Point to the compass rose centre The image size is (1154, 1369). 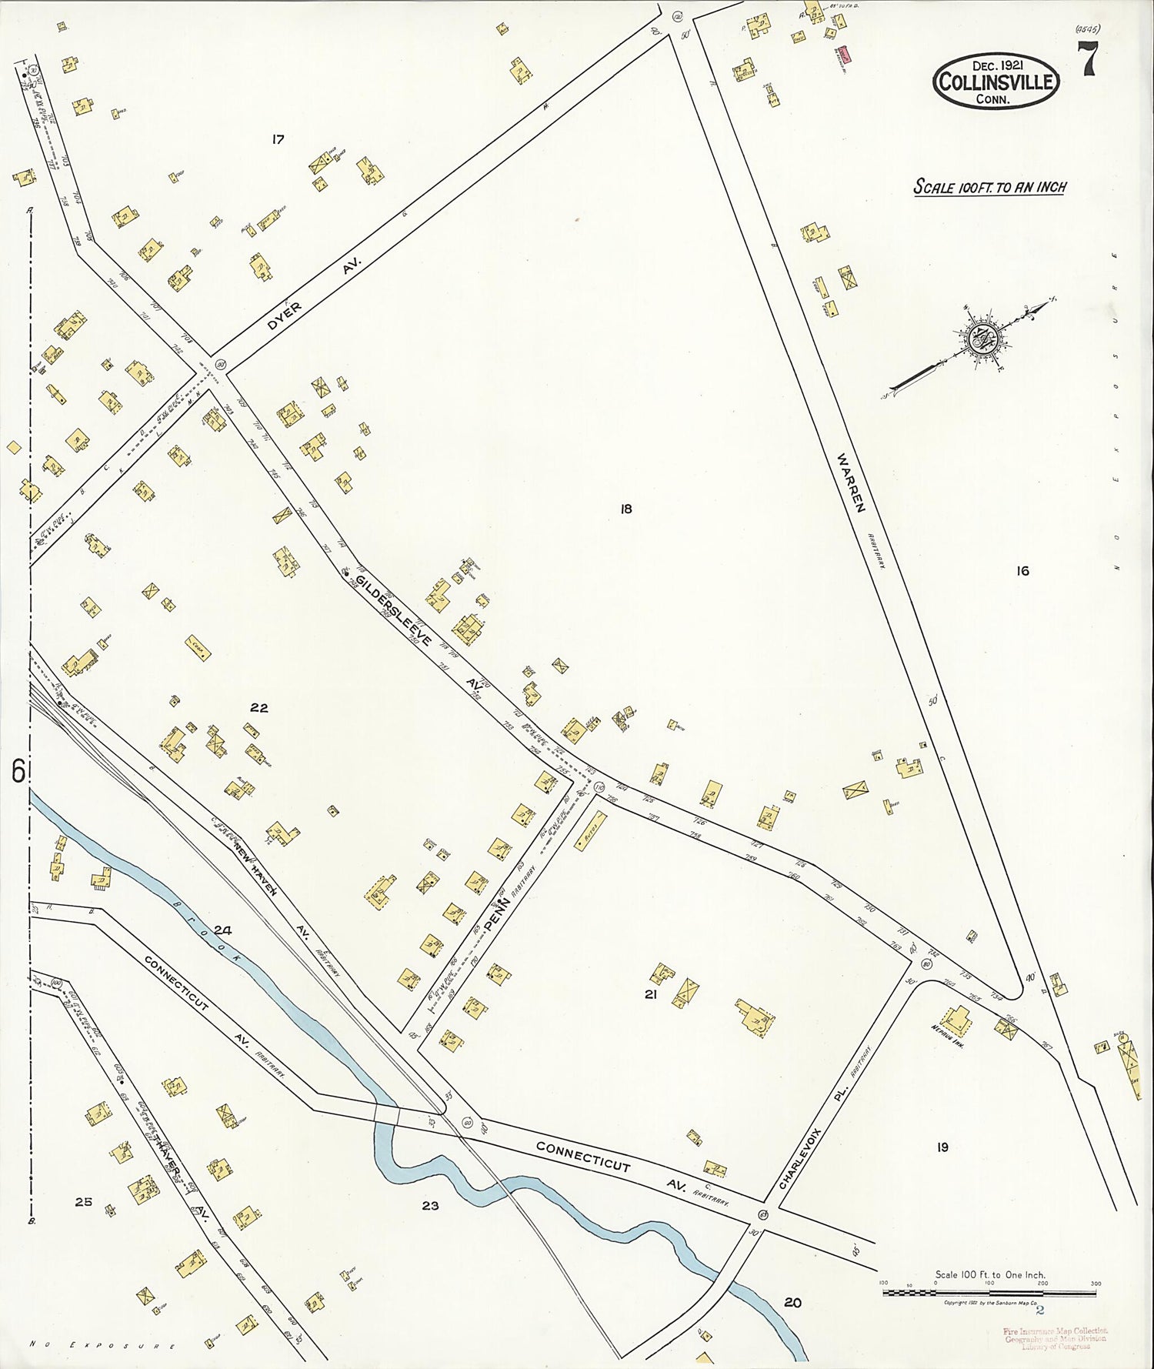coord(983,339)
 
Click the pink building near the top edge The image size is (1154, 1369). coord(844,54)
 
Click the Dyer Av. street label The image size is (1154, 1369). coord(314,297)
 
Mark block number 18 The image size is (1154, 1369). coord(625,509)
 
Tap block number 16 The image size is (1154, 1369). coord(1022,570)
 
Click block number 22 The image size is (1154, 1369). coord(258,707)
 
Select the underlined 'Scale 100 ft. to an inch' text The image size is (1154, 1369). coord(989,186)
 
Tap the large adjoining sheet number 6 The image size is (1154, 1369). coord(17,770)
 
